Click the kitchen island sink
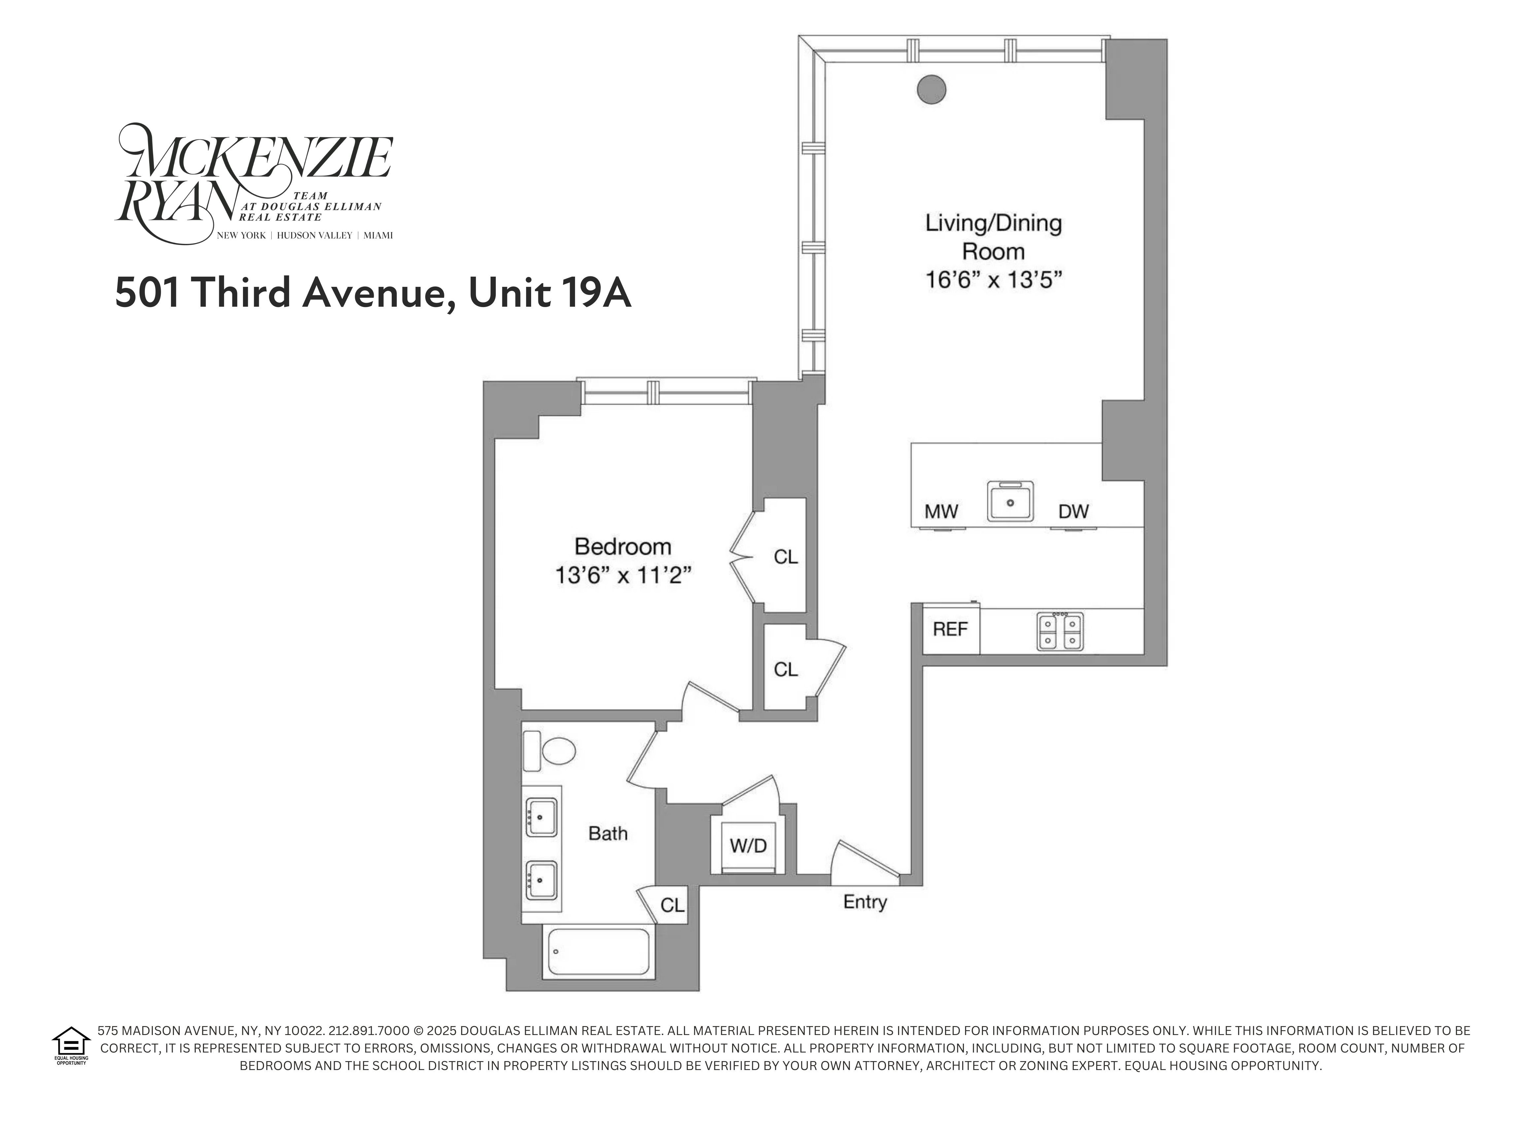point(1010,501)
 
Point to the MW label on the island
point(941,512)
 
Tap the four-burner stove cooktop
point(1060,631)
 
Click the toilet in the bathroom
point(550,752)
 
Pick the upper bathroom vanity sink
point(541,817)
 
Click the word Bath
point(608,834)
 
